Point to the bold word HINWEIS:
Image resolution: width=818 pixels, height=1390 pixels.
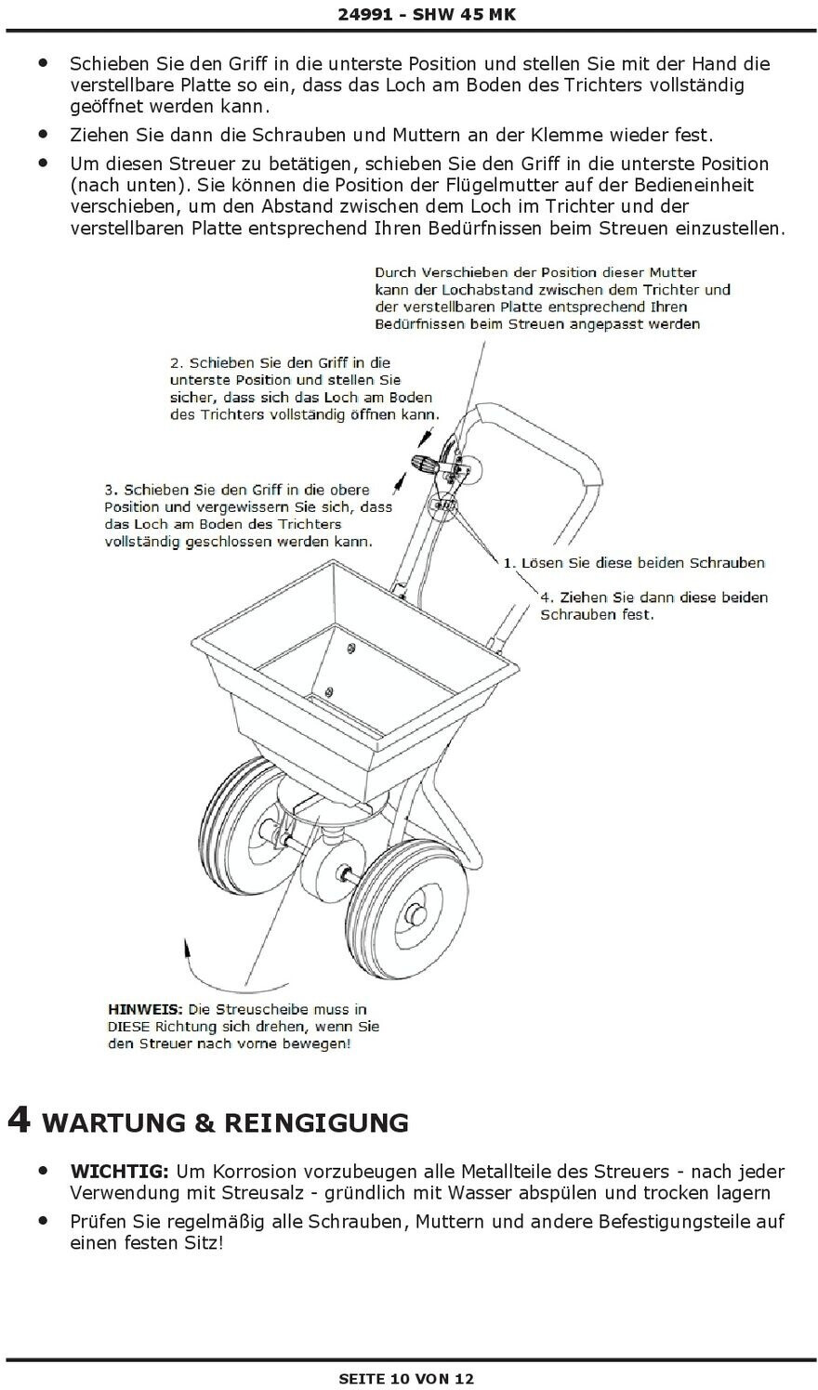coord(146,1009)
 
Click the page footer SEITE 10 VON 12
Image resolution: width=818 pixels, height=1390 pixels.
coord(406,1379)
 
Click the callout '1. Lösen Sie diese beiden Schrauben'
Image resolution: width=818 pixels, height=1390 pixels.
coord(634,562)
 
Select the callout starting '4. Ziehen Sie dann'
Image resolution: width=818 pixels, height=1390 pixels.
coord(653,606)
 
